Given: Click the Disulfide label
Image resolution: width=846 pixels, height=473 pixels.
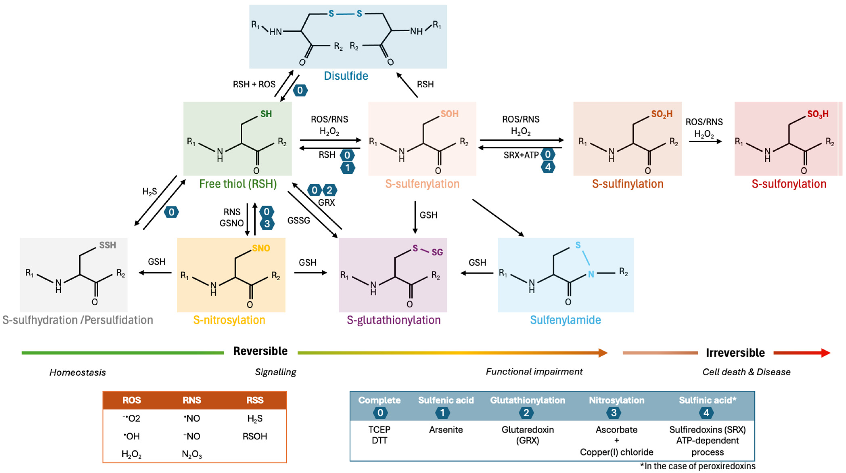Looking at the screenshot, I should point(346,76).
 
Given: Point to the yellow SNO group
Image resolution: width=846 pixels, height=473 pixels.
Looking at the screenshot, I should point(261,248).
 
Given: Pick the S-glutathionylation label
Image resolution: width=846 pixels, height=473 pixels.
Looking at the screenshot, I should point(393,320).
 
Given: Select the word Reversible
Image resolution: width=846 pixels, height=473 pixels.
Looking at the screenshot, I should point(260,351).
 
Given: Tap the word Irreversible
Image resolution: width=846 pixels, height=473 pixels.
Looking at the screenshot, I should point(735,353).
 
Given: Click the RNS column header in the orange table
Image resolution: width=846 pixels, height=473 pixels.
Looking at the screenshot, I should point(192,400).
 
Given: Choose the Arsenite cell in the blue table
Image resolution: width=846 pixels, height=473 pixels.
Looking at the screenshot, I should point(446,430).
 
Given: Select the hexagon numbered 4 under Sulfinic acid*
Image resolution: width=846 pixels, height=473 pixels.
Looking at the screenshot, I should point(706,413).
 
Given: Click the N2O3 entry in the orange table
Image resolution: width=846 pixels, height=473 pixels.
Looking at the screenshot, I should point(192,454).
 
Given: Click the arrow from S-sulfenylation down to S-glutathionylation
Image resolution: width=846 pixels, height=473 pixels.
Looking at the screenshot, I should point(415,217).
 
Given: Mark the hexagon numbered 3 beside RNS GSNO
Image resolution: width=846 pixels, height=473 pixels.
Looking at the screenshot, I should point(267,224).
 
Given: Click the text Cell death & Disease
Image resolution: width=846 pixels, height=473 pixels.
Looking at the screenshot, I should point(746,372).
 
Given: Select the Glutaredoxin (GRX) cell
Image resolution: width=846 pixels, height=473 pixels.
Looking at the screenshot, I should point(527,435).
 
